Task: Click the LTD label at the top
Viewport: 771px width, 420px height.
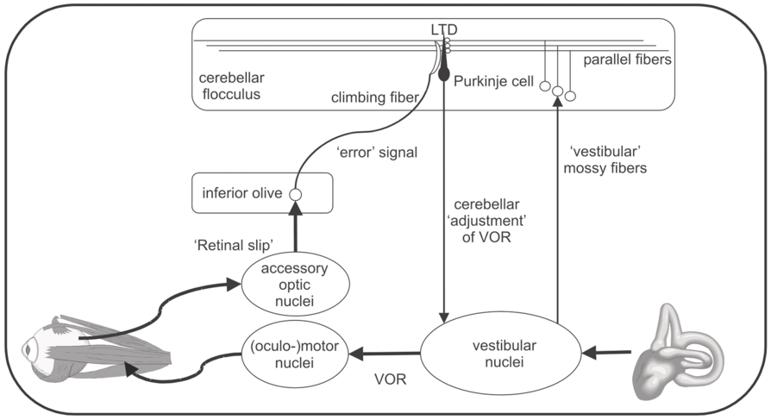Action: (x=443, y=30)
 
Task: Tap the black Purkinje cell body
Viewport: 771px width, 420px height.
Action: (x=444, y=75)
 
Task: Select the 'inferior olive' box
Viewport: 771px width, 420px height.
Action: (x=262, y=193)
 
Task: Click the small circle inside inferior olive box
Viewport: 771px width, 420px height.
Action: (x=294, y=194)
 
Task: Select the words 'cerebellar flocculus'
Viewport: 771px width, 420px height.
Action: (x=230, y=85)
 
